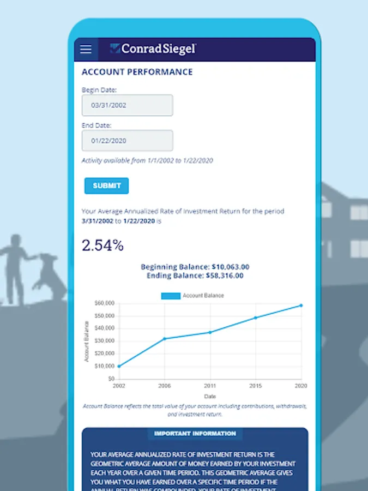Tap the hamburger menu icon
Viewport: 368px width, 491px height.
pyautogui.click(x=86, y=49)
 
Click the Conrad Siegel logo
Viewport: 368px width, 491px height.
pyautogui.click(x=153, y=49)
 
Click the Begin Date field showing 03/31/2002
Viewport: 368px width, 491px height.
pyautogui.click(x=127, y=105)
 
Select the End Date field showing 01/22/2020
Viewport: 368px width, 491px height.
pyautogui.click(x=127, y=141)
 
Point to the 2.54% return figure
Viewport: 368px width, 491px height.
pyautogui.click(x=102, y=245)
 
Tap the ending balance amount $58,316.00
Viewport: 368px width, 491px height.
pyautogui.click(x=225, y=276)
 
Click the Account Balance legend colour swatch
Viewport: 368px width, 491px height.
pyautogui.click(x=171, y=296)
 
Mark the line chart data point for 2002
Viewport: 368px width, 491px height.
pyautogui.click(x=119, y=366)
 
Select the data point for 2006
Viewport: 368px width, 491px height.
pyautogui.click(x=165, y=339)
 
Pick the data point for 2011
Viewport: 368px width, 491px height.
pyautogui.click(x=210, y=332)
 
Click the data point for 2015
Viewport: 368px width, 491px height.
pyautogui.click(x=256, y=318)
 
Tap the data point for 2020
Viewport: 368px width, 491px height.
pyautogui.click(x=301, y=306)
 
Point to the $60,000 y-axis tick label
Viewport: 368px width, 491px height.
pyautogui.click(x=104, y=303)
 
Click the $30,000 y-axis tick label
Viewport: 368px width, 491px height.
pyautogui.click(x=104, y=340)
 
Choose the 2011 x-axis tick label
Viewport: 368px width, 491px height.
pyautogui.click(x=210, y=386)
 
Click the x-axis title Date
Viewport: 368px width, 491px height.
pyautogui.click(x=210, y=396)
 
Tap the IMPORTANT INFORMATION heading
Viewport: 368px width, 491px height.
pyautogui.click(x=195, y=434)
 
